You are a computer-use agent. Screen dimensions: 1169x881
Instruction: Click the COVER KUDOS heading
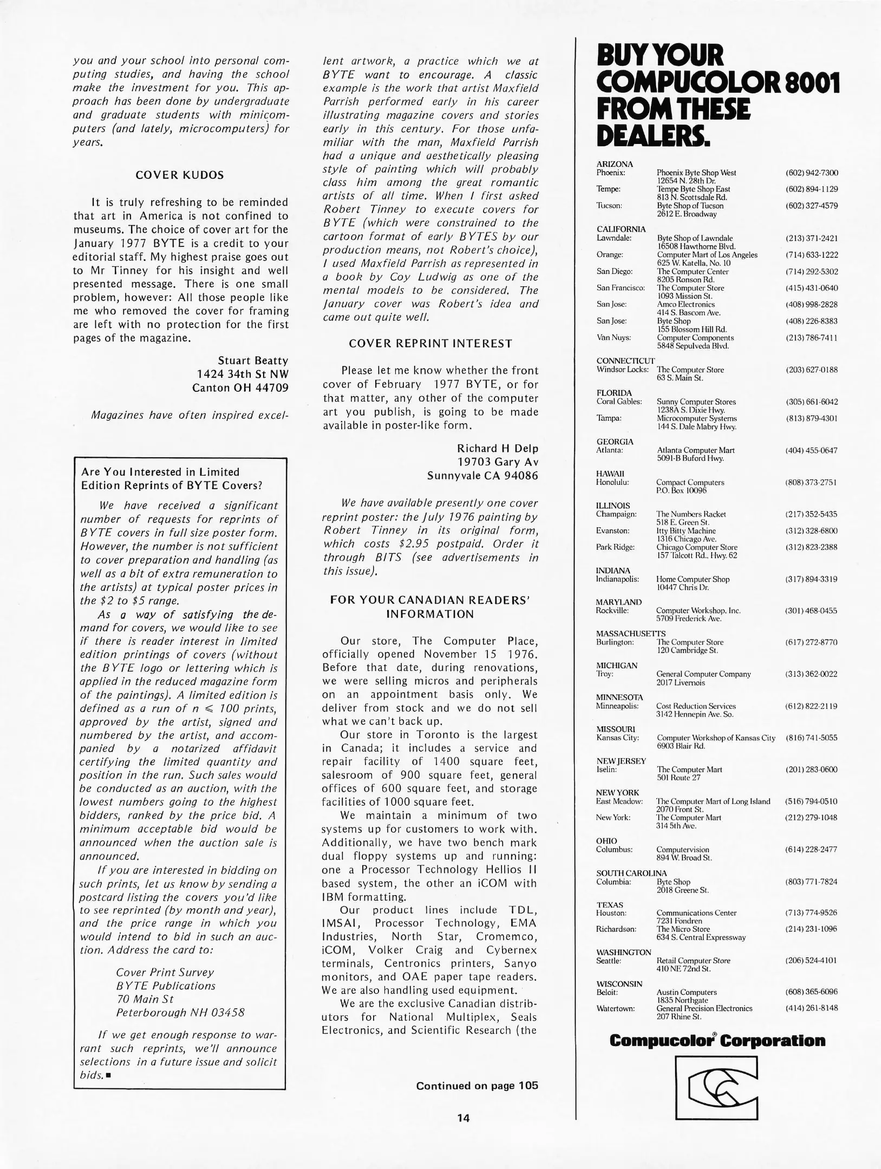tap(179, 175)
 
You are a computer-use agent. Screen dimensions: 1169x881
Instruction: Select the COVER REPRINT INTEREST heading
tap(430, 344)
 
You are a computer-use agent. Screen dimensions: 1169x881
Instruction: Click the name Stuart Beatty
tap(253, 360)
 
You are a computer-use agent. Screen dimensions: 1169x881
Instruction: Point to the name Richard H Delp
tap(497, 448)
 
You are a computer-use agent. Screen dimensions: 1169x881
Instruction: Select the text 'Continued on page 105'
tap(477, 1086)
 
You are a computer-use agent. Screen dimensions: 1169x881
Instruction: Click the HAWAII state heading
tap(610, 474)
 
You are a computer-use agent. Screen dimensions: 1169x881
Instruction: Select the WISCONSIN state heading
tap(619, 983)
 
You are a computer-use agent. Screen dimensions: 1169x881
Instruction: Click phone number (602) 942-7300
tap(811, 173)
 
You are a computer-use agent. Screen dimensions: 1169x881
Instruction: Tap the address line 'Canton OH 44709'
tap(240, 388)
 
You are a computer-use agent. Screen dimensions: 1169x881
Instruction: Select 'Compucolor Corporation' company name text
tap(717, 1040)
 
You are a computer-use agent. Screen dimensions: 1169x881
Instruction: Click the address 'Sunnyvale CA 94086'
tap(482, 476)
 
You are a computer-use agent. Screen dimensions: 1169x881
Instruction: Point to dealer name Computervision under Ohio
tap(682, 850)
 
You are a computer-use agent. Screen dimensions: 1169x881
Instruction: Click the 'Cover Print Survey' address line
tap(165, 972)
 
